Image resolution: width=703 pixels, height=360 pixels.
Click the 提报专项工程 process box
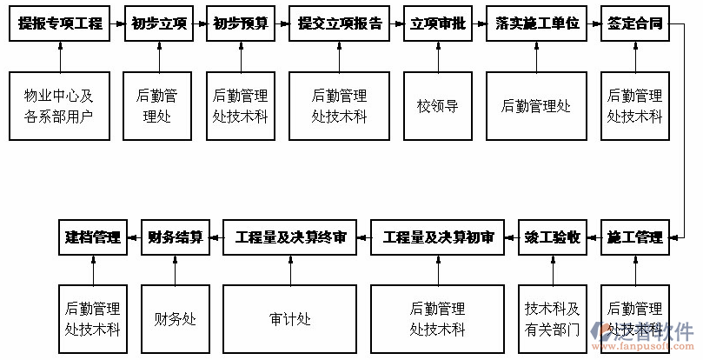coord(60,23)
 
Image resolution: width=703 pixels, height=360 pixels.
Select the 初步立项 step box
coord(158,23)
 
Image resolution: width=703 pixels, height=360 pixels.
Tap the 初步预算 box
coord(241,23)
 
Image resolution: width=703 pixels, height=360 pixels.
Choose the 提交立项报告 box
coord(340,23)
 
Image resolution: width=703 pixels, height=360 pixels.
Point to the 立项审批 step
coord(437,23)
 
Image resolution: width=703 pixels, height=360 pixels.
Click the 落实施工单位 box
coord(536,23)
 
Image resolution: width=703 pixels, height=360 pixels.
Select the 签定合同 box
coord(634,23)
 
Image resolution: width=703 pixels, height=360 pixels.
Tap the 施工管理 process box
coord(634,237)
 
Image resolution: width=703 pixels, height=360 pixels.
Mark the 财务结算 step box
coord(175,237)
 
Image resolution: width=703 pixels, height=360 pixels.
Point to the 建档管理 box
coord(92,237)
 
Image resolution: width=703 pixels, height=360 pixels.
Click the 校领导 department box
coord(437,106)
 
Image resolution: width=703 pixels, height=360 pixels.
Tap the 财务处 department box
coord(175,319)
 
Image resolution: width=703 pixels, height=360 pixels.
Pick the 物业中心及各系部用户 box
coord(60,106)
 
